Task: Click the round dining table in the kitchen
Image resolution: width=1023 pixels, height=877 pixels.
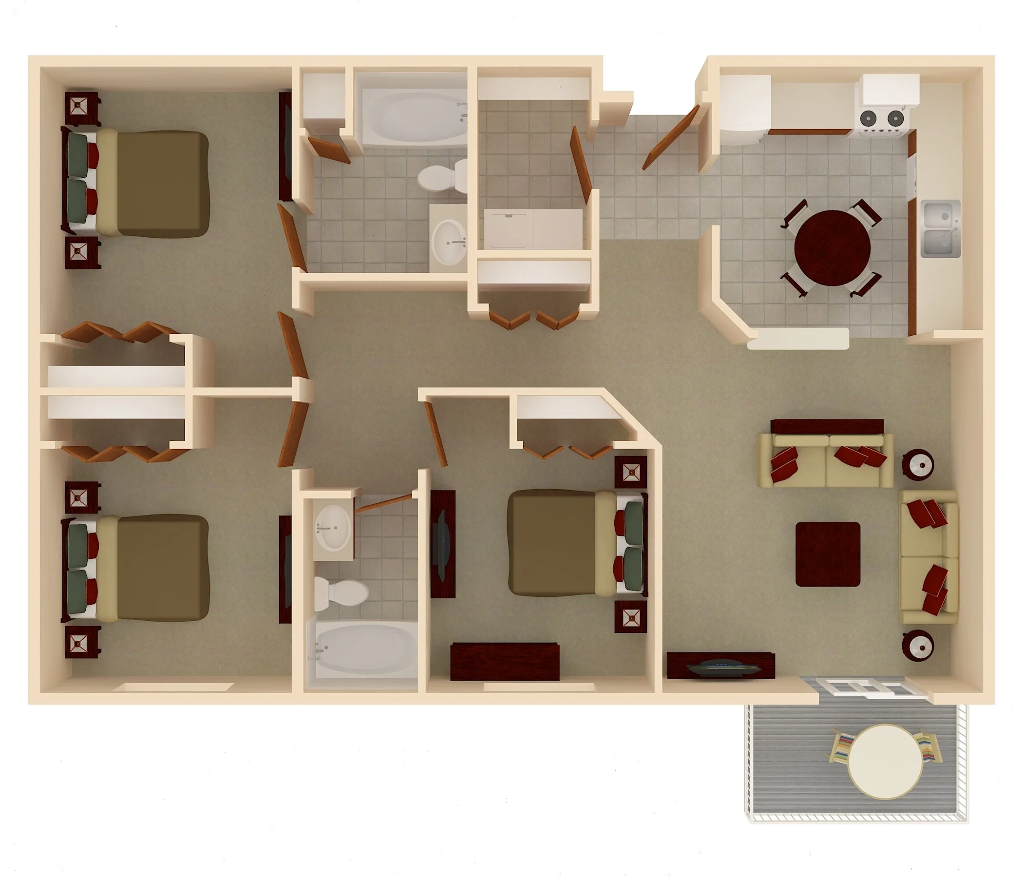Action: [x=832, y=248]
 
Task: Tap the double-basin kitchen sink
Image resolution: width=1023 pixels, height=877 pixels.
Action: [x=941, y=229]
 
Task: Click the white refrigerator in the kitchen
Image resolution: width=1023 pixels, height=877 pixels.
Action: [x=744, y=110]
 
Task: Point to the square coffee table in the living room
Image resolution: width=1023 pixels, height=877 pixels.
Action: [x=828, y=554]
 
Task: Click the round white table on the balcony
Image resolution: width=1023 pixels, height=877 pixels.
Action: [x=885, y=762]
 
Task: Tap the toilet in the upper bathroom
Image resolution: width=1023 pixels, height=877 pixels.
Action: [x=442, y=177]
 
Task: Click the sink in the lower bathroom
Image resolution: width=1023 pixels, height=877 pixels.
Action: [x=334, y=528]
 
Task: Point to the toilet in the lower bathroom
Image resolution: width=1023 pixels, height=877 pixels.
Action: [x=341, y=592]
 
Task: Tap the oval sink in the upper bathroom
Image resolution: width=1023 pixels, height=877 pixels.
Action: [x=449, y=243]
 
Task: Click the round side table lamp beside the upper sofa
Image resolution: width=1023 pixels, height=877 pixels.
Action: [x=918, y=464]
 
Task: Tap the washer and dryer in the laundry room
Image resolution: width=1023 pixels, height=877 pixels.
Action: [x=533, y=229]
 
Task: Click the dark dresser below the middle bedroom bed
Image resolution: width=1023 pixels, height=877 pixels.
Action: [x=505, y=661]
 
